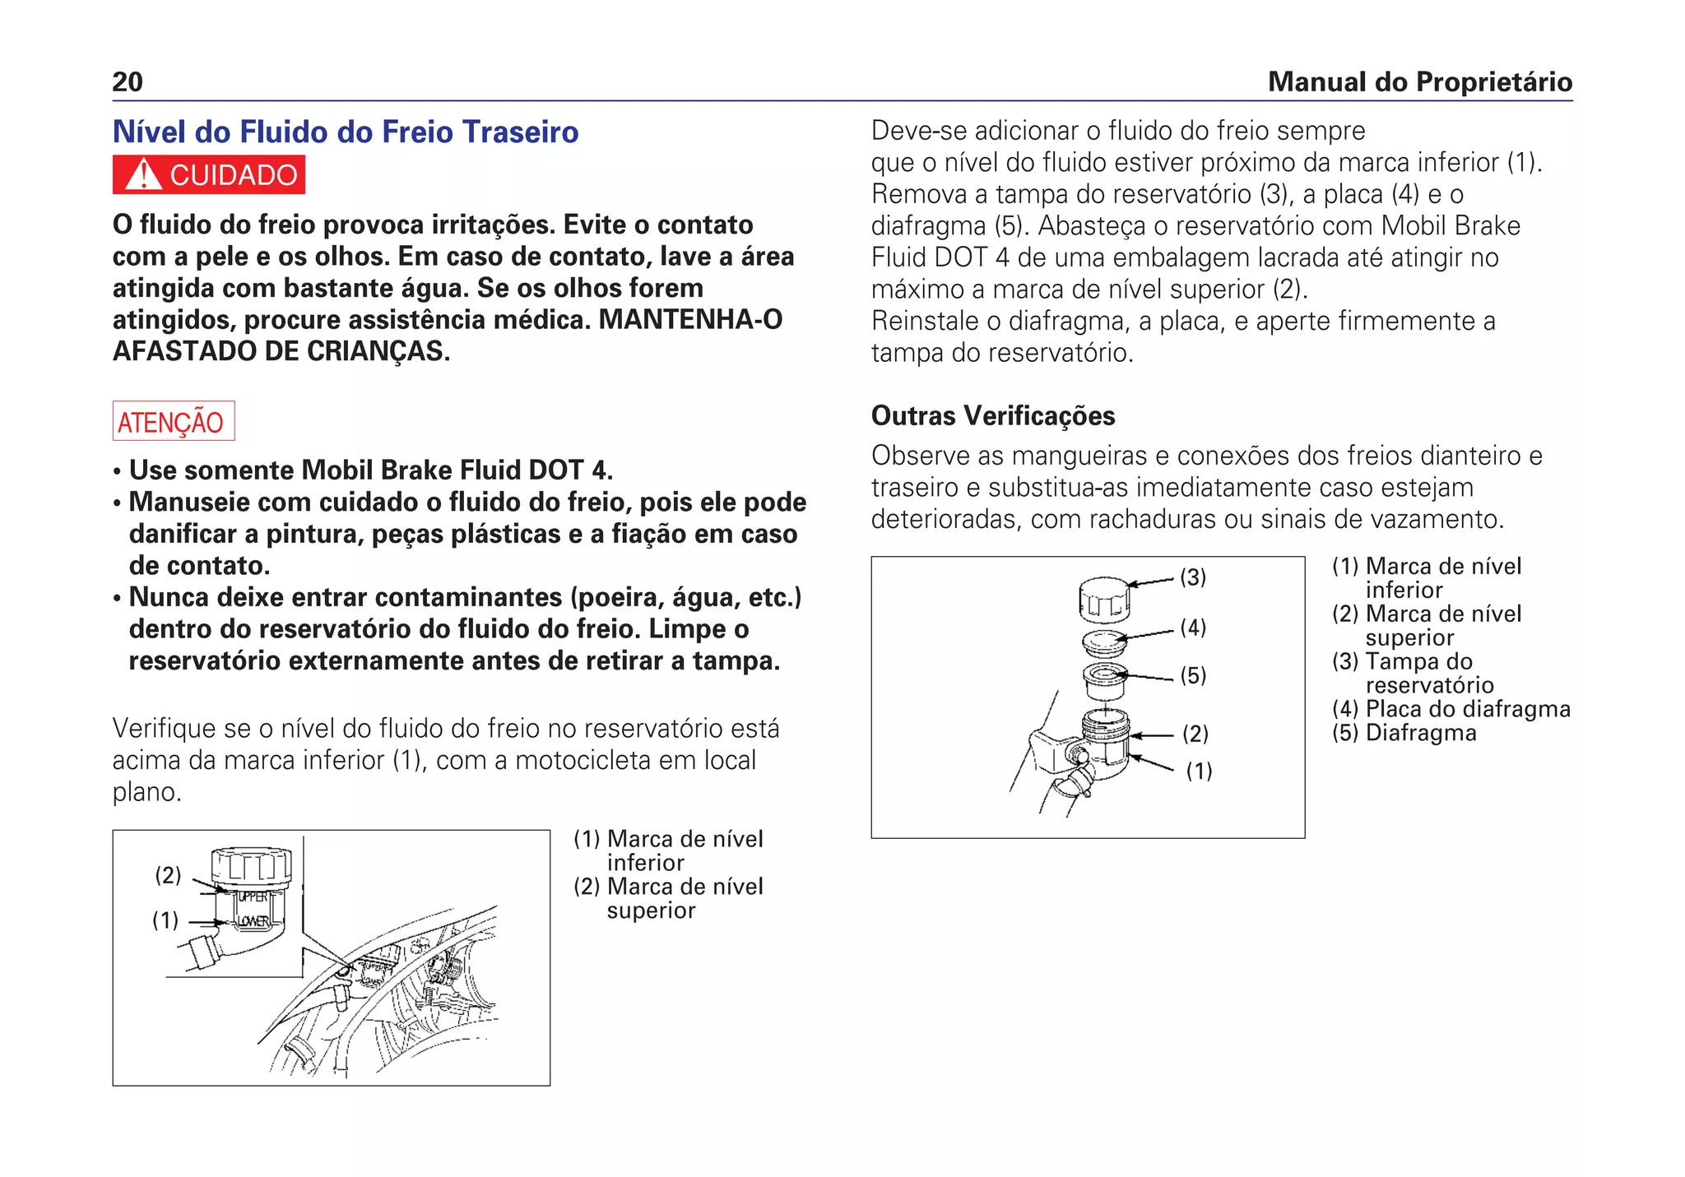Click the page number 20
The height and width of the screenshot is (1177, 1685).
coord(128,81)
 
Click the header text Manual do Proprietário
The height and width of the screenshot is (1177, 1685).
coord(1419,81)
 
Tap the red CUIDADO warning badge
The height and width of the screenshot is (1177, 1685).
coord(209,175)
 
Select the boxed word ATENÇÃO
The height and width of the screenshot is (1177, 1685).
coord(173,421)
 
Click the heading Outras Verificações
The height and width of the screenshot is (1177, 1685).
coord(992,415)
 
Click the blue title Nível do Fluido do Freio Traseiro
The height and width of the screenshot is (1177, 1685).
coord(346,132)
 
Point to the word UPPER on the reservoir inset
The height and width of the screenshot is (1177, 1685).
coord(252,897)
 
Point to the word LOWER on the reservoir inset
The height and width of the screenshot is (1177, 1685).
coord(253,921)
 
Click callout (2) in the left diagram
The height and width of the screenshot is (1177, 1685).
coord(168,875)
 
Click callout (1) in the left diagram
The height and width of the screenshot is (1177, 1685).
coord(165,920)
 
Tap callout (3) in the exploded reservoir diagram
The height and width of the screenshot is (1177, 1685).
coord(1193,577)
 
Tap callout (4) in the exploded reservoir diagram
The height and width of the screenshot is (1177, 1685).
coord(1193,628)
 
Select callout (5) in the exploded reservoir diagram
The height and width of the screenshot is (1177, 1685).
coord(1193,675)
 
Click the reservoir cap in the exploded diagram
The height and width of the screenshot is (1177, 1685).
coord(1104,598)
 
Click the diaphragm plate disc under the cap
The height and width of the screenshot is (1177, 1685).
coord(1105,642)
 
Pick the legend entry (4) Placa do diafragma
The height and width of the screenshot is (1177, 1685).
coord(1451,709)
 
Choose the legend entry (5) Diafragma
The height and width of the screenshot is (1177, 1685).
coord(1404,733)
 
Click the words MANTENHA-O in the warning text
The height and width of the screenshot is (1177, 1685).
coord(690,319)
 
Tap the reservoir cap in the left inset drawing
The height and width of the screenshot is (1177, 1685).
coord(252,864)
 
